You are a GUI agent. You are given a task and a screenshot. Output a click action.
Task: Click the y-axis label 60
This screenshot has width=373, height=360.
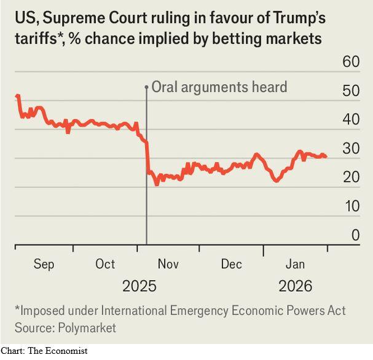350,61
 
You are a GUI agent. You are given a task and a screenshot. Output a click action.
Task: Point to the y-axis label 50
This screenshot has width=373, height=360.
350,91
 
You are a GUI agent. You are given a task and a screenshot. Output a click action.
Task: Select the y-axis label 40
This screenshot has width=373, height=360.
350,119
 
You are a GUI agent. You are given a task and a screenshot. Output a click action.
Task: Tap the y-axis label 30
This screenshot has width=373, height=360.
350,148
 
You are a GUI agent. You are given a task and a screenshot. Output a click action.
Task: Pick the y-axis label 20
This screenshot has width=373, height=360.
350,177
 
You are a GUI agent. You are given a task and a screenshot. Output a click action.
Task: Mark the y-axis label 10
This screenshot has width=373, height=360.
350,206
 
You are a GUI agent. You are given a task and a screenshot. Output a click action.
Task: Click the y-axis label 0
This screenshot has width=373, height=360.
355,235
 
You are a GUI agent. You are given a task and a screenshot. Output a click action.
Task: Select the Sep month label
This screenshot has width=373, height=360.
44,264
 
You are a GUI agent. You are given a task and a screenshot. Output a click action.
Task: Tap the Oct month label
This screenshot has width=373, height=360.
105,264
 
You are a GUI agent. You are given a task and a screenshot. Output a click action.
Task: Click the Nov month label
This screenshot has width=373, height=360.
168,264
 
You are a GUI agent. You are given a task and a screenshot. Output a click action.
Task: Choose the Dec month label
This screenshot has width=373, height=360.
232,264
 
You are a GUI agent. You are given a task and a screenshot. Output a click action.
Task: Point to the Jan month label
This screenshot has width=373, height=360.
295,264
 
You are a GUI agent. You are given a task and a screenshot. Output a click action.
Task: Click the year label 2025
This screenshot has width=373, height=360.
139,286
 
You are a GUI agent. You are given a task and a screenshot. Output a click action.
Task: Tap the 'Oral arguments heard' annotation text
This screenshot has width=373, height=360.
219,87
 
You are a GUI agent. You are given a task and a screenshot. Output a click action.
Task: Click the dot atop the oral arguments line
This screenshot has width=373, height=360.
146,87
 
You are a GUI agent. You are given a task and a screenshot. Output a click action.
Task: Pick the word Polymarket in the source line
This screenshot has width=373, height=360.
85,328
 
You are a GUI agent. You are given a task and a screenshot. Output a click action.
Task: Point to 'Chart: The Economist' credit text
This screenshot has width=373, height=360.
44,351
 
